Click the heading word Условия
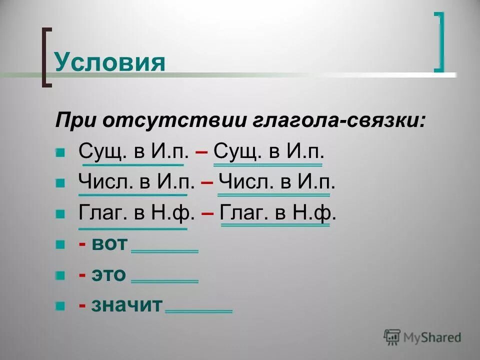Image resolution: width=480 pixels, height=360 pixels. coord(109,62)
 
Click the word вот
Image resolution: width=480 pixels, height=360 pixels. coord(110,244)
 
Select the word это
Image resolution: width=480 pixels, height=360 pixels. coord(108,274)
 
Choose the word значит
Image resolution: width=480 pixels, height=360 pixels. coord(127,305)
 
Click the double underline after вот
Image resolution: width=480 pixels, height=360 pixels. coord(164,251)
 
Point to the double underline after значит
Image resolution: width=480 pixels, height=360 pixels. coord(198,311)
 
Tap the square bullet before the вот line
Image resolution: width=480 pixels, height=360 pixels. coord(60,244)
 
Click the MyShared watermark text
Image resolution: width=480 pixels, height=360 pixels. coord(432,337)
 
